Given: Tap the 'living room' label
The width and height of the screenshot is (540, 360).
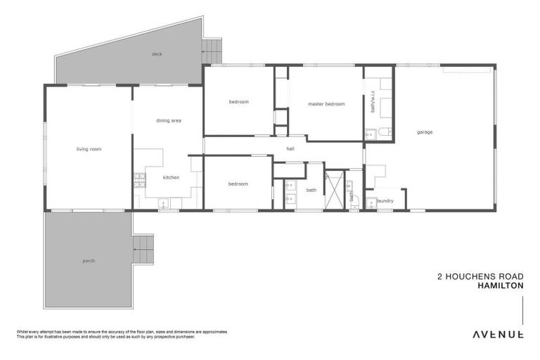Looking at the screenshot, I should (89, 149).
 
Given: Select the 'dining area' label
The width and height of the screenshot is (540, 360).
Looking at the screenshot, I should (169, 121).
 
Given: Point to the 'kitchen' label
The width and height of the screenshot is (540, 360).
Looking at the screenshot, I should (172, 177).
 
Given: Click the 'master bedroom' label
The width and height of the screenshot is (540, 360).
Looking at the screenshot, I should (326, 104).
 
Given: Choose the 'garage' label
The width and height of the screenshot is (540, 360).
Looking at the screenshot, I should (424, 132).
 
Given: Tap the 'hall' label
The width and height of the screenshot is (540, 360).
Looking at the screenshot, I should (290, 149).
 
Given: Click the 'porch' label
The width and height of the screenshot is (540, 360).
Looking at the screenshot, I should (88, 261).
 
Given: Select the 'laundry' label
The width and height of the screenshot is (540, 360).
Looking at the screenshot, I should (385, 201).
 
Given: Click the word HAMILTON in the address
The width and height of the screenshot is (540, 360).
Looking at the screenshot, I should (500, 286).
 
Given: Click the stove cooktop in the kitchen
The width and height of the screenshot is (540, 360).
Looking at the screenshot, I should (139, 179).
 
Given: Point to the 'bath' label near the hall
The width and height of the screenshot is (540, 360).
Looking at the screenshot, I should (311, 190).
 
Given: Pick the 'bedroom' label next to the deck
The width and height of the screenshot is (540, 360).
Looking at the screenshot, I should (238, 102).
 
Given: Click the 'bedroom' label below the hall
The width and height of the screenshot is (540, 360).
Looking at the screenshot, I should (238, 184).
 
